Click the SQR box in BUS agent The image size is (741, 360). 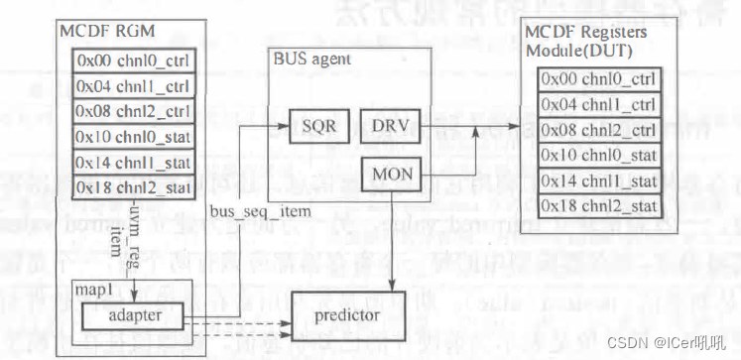[314, 128]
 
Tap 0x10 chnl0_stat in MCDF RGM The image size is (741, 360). [133, 135]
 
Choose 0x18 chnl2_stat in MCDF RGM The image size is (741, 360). [133, 186]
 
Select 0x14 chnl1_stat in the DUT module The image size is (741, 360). [598, 180]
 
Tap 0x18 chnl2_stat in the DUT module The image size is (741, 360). [598, 205]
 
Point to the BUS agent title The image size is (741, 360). [307, 59]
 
